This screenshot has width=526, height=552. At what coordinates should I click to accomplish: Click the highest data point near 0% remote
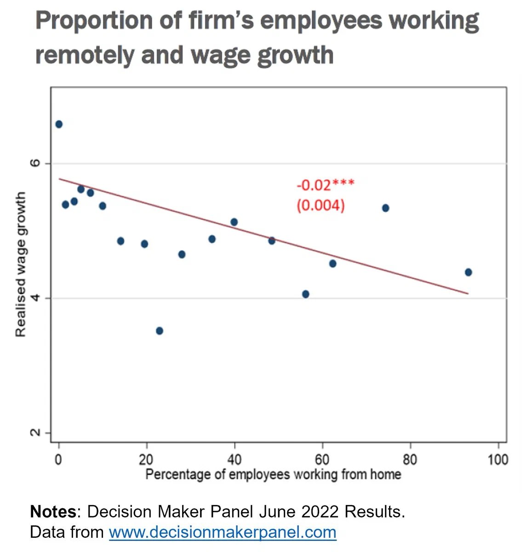pos(58,124)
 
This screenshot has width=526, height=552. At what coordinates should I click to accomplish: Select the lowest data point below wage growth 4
pos(160,331)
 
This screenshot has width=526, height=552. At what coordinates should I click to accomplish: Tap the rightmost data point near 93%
pos(468,272)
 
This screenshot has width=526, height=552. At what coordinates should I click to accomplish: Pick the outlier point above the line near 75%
pos(385,208)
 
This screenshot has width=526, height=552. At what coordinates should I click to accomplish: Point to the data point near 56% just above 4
pos(305,294)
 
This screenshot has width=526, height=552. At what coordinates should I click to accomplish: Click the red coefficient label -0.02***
pos(326,185)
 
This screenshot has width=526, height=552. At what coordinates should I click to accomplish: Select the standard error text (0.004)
pos(320,205)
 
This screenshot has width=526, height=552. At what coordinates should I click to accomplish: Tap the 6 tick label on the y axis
pos(36,163)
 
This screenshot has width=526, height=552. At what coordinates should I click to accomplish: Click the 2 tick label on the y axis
pos(36,433)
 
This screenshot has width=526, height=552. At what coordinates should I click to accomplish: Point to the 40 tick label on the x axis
pos(234,459)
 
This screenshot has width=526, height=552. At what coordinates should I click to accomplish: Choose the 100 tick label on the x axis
pos(497,459)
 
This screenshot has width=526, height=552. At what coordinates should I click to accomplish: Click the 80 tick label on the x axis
pos(410,459)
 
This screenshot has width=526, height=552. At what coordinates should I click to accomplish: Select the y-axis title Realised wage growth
pos(21,264)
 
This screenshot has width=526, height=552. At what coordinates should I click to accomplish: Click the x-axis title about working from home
pos(273,474)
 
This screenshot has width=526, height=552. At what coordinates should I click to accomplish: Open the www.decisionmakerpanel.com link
pos(223,532)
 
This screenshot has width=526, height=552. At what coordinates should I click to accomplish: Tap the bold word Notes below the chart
pos(52,512)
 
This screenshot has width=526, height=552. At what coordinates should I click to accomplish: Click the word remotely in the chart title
pos(85,55)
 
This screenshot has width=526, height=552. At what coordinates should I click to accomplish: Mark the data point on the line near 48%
pos(271,241)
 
